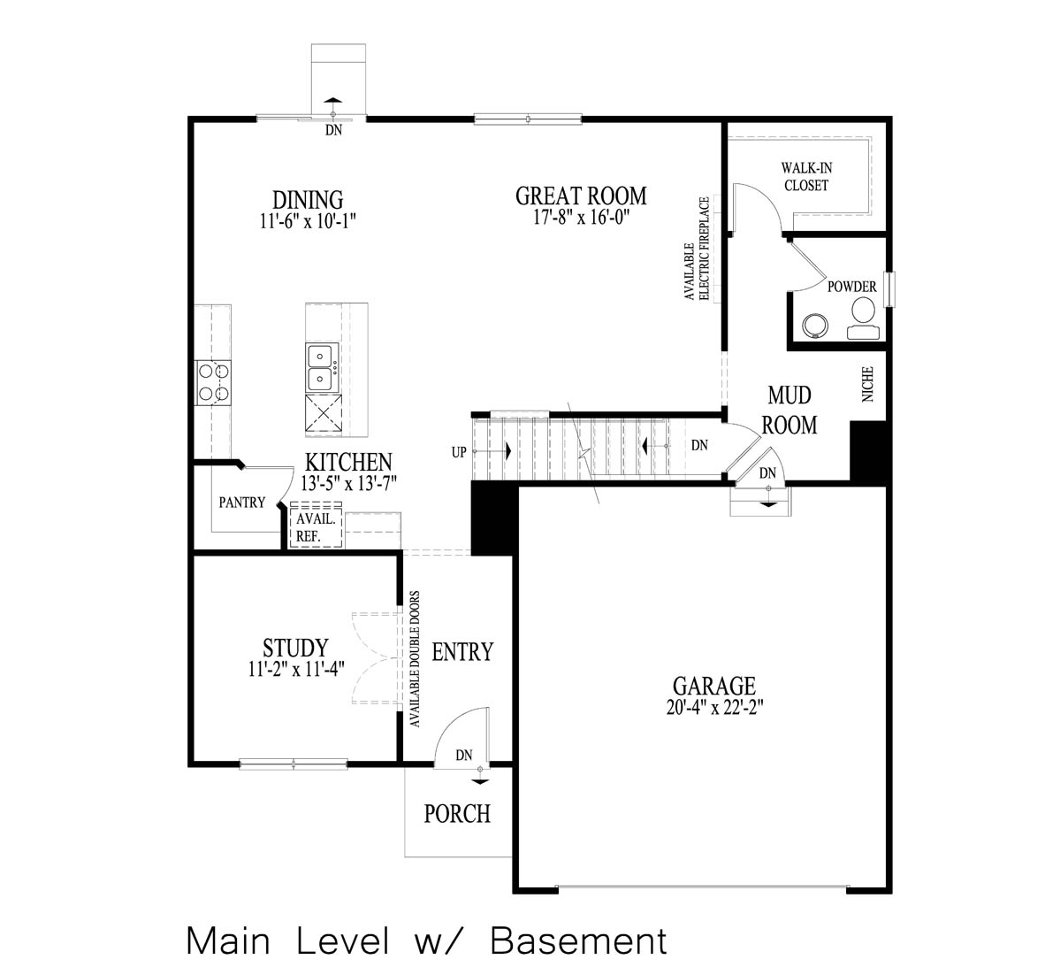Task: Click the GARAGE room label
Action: [x=713, y=685]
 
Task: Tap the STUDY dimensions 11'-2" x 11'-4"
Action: [x=295, y=670]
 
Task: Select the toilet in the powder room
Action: [x=863, y=318]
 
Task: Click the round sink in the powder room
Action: [x=813, y=326]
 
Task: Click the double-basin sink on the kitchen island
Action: [x=320, y=368]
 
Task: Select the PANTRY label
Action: [x=241, y=503]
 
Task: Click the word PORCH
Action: [x=457, y=813]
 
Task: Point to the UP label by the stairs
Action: [x=459, y=452]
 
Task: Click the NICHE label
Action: [x=867, y=385]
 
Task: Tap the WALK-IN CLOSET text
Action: [x=806, y=176]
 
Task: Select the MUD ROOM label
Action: [x=789, y=409]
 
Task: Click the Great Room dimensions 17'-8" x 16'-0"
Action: [x=581, y=218]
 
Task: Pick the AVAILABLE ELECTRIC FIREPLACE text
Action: [x=698, y=249]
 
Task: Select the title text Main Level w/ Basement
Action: [x=426, y=940]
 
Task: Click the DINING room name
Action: [x=307, y=199]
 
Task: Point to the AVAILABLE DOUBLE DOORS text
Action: [x=414, y=659]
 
